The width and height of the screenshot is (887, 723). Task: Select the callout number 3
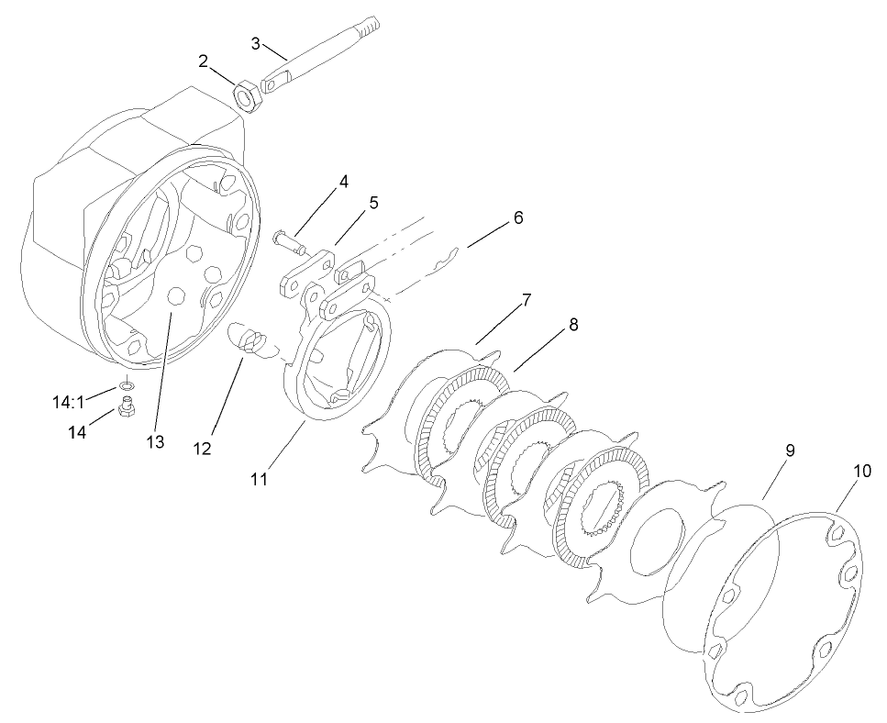coord(257,42)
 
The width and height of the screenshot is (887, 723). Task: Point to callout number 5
coord(373,203)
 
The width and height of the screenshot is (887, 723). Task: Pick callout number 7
coord(527,301)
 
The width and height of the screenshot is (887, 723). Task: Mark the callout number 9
coord(789,450)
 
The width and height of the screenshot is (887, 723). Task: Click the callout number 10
coord(861,471)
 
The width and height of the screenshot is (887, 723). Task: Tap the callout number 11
coord(261,479)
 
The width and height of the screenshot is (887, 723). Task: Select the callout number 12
coord(202,449)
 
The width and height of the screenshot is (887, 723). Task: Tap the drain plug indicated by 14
coord(128,406)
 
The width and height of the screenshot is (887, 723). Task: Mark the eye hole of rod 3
coord(271,85)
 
